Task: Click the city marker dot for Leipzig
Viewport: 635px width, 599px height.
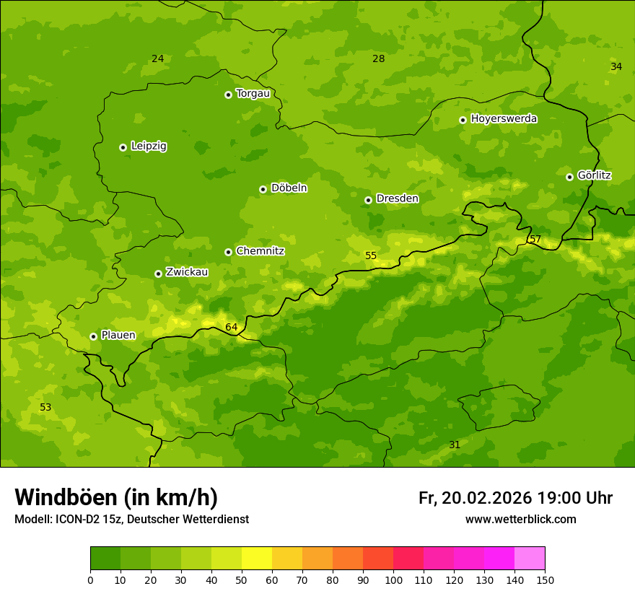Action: click(123, 147)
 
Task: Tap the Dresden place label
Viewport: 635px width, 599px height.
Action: click(397, 198)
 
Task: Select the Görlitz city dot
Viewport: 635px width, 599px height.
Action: click(569, 177)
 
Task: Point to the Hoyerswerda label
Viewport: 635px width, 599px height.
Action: click(504, 119)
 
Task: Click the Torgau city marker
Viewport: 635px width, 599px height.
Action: click(228, 95)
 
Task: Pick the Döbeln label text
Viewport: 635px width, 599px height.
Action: click(289, 188)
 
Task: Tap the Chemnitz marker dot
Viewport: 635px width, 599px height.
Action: click(228, 252)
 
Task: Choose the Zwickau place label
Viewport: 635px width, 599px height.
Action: click(187, 272)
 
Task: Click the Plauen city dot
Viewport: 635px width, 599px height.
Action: click(93, 336)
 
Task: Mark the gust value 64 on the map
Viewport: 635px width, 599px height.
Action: click(231, 328)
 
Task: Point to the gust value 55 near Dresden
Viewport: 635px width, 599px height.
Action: click(371, 256)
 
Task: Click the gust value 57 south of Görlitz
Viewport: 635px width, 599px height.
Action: click(535, 240)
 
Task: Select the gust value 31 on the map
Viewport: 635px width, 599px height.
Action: click(455, 445)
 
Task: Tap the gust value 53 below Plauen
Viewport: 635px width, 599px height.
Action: click(45, 408)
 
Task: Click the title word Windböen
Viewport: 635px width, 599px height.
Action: click(65, 498)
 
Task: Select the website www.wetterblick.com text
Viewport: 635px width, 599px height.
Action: click(520, 520)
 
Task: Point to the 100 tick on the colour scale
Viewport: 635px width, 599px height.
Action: click(393, 580)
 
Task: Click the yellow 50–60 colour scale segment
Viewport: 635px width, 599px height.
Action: click(257, 559)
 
